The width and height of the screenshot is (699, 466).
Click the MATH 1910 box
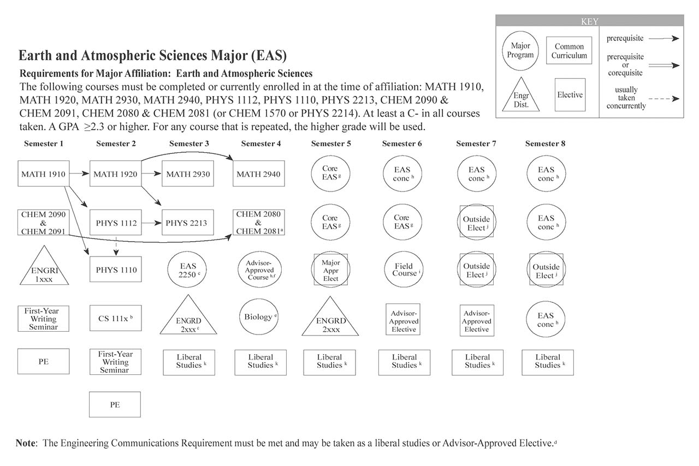click(x=44, y=174)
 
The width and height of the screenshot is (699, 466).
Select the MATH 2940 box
click(x=258, y=174)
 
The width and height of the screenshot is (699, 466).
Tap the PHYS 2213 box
click(x=187, y=223)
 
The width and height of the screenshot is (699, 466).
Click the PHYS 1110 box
click(x=115, y=270)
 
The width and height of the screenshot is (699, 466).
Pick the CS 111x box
click(x=115, y=318)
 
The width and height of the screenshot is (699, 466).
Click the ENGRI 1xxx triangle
click(x=44, y=268)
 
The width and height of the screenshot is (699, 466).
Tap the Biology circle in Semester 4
click(x=258, y=317)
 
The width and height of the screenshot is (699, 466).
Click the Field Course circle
click(x=404, y=270)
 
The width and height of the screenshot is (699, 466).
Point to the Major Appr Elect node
click(x=330, y=270)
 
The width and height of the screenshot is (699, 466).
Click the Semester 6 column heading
click(x=402, y=144)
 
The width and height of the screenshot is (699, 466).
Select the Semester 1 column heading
click(x=44, y=144)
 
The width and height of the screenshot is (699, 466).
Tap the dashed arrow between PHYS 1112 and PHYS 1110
click(x=115, y=246)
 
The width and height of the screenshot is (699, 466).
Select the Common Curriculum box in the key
click(x=569, y=51)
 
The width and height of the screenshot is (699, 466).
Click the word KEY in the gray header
click(x=590, y=22)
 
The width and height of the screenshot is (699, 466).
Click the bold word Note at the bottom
click(x=26, y=443)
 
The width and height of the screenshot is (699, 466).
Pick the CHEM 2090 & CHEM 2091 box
click(x=44, y=223)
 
